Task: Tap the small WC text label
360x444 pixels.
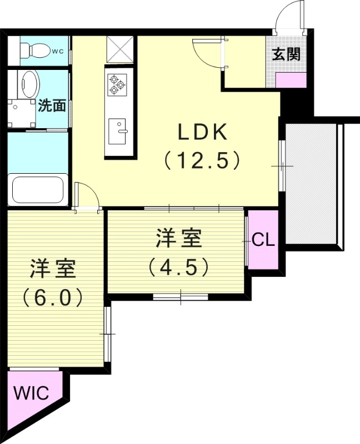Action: [57, 52]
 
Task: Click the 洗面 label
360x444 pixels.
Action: [53, 105]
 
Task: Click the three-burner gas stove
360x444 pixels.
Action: [117, 84]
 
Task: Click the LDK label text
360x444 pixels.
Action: [202, 133]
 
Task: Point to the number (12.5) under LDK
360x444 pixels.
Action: [202, 160]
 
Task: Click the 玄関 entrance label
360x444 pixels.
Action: [287, 54]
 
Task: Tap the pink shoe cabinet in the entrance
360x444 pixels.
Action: [291, 79]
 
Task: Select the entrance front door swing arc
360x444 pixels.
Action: [290, 14]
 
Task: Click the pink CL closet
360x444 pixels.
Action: [263, 240]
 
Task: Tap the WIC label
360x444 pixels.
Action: [31, 393]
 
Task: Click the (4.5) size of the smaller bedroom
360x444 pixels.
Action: [178, 267]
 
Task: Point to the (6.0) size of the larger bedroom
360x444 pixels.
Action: [53, 297]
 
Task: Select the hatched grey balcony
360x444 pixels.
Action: [311, 183]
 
